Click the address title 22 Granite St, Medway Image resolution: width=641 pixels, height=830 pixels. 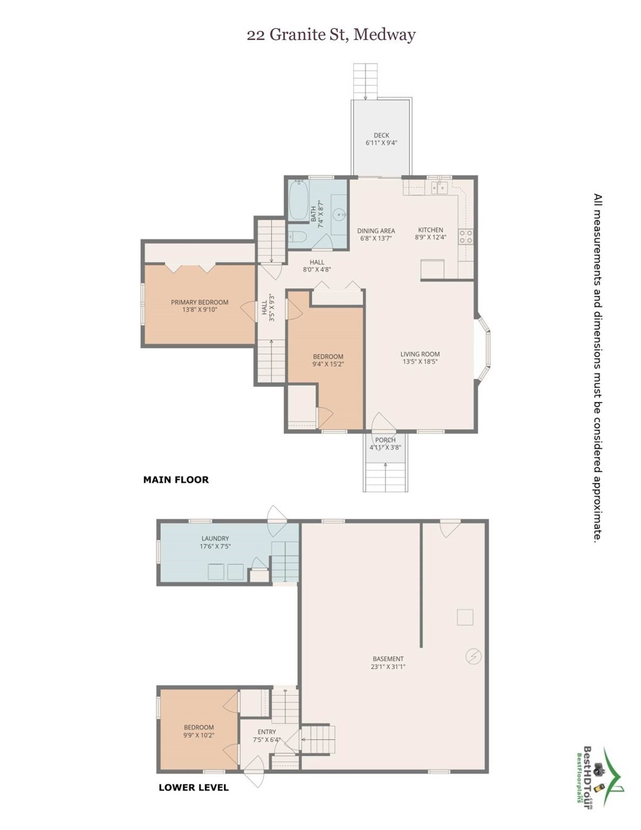point(331,35)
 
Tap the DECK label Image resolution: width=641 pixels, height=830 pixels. point(381,136)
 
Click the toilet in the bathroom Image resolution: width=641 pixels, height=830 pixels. point(298,237)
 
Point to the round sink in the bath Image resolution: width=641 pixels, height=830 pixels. point(340,215)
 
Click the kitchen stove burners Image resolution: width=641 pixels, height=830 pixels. point(465,236)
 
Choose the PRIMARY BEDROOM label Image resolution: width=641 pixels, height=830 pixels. point(199,302)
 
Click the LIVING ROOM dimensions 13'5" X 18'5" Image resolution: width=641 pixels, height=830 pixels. point(420,362)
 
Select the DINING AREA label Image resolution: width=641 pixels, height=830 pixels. point(376,231)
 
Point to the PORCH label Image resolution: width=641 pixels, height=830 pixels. point(385,440)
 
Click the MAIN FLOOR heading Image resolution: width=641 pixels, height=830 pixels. point(176,479)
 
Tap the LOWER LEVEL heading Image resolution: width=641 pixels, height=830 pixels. point(193,787)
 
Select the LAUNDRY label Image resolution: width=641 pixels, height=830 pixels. point(215,538)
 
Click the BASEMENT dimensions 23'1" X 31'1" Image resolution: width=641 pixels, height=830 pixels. point(388,667)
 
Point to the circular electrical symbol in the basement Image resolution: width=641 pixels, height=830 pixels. point(473,656)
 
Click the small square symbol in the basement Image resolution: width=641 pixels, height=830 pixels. point(465,617)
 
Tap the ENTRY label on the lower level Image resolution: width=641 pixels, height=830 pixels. point(267,732)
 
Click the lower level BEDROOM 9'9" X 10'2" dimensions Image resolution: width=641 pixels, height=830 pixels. point(199,735)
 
